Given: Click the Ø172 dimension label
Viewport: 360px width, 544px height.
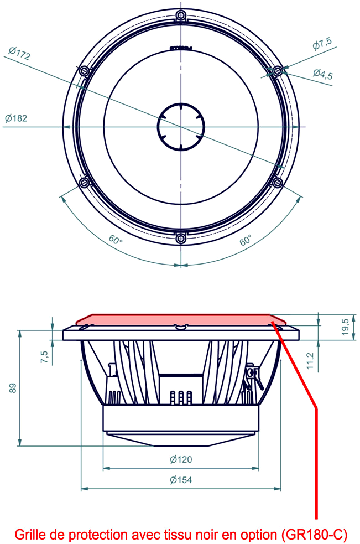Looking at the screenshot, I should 19,54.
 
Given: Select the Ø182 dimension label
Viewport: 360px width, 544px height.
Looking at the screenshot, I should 16,118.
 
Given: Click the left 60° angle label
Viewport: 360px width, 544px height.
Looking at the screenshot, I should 115,240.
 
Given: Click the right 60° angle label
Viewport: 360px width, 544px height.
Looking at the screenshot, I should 246,240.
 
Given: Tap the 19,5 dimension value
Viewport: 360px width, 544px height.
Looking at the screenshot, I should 345,327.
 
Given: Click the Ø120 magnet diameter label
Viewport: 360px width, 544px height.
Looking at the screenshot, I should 181,459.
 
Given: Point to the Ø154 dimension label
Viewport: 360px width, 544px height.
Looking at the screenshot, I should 181,480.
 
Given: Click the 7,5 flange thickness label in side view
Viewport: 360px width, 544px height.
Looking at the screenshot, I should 44,357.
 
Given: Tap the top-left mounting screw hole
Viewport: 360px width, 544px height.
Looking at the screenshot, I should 84,71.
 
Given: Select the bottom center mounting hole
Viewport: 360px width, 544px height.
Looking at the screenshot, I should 180,239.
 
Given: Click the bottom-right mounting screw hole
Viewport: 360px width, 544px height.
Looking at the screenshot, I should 278,182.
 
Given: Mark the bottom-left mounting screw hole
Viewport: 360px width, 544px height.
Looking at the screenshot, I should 84,182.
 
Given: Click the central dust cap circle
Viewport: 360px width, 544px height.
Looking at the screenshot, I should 180,127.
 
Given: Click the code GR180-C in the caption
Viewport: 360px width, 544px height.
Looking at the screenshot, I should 314,535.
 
